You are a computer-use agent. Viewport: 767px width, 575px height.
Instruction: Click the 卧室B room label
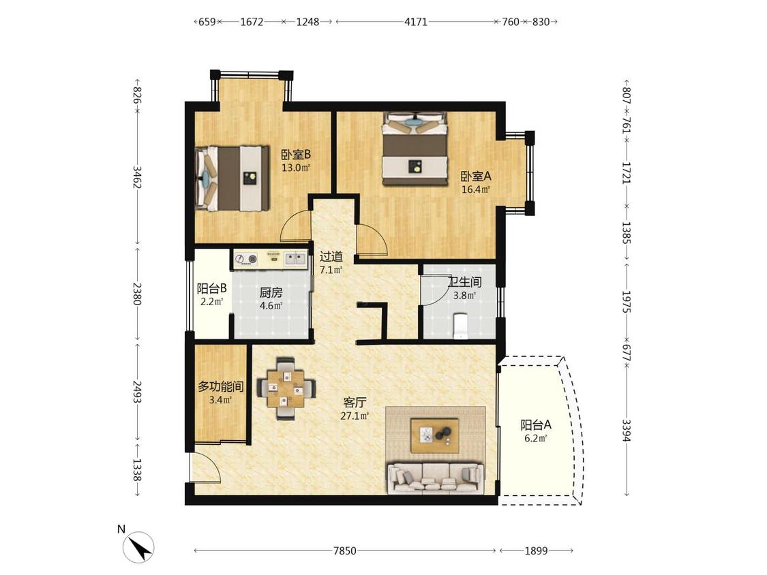click(x=296, y=155)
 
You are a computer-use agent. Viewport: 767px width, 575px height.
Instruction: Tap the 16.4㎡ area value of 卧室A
click(x=476, y=189)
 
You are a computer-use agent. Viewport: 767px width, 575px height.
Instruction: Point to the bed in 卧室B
click(x=232, y=178)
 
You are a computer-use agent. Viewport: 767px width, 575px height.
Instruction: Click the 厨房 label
click(x=271, y=294)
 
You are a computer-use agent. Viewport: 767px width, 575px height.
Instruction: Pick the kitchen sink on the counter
click(x=295, y=258)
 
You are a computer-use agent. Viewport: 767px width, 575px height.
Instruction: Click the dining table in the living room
click(x=285, y=389)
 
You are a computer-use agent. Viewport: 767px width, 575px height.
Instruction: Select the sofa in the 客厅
click(x=436, y=478)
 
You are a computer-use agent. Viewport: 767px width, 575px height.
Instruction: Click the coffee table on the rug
click(x=435, y=435)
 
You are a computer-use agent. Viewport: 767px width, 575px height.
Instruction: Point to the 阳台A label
click(x=536, y=425)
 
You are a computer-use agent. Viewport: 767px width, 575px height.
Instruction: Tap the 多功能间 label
click(x=221, y=387)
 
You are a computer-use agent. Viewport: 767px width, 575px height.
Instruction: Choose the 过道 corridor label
click(x=331, y=256)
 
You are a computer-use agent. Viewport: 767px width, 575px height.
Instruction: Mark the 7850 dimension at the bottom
click(x=345, y=551)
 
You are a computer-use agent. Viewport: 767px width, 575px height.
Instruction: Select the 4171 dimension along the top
click(x=416, y=22)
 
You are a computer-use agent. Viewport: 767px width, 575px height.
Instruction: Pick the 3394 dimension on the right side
click(x=626, y=430)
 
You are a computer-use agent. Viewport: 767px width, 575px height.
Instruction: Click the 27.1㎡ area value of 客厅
click(x=355, y=416)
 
